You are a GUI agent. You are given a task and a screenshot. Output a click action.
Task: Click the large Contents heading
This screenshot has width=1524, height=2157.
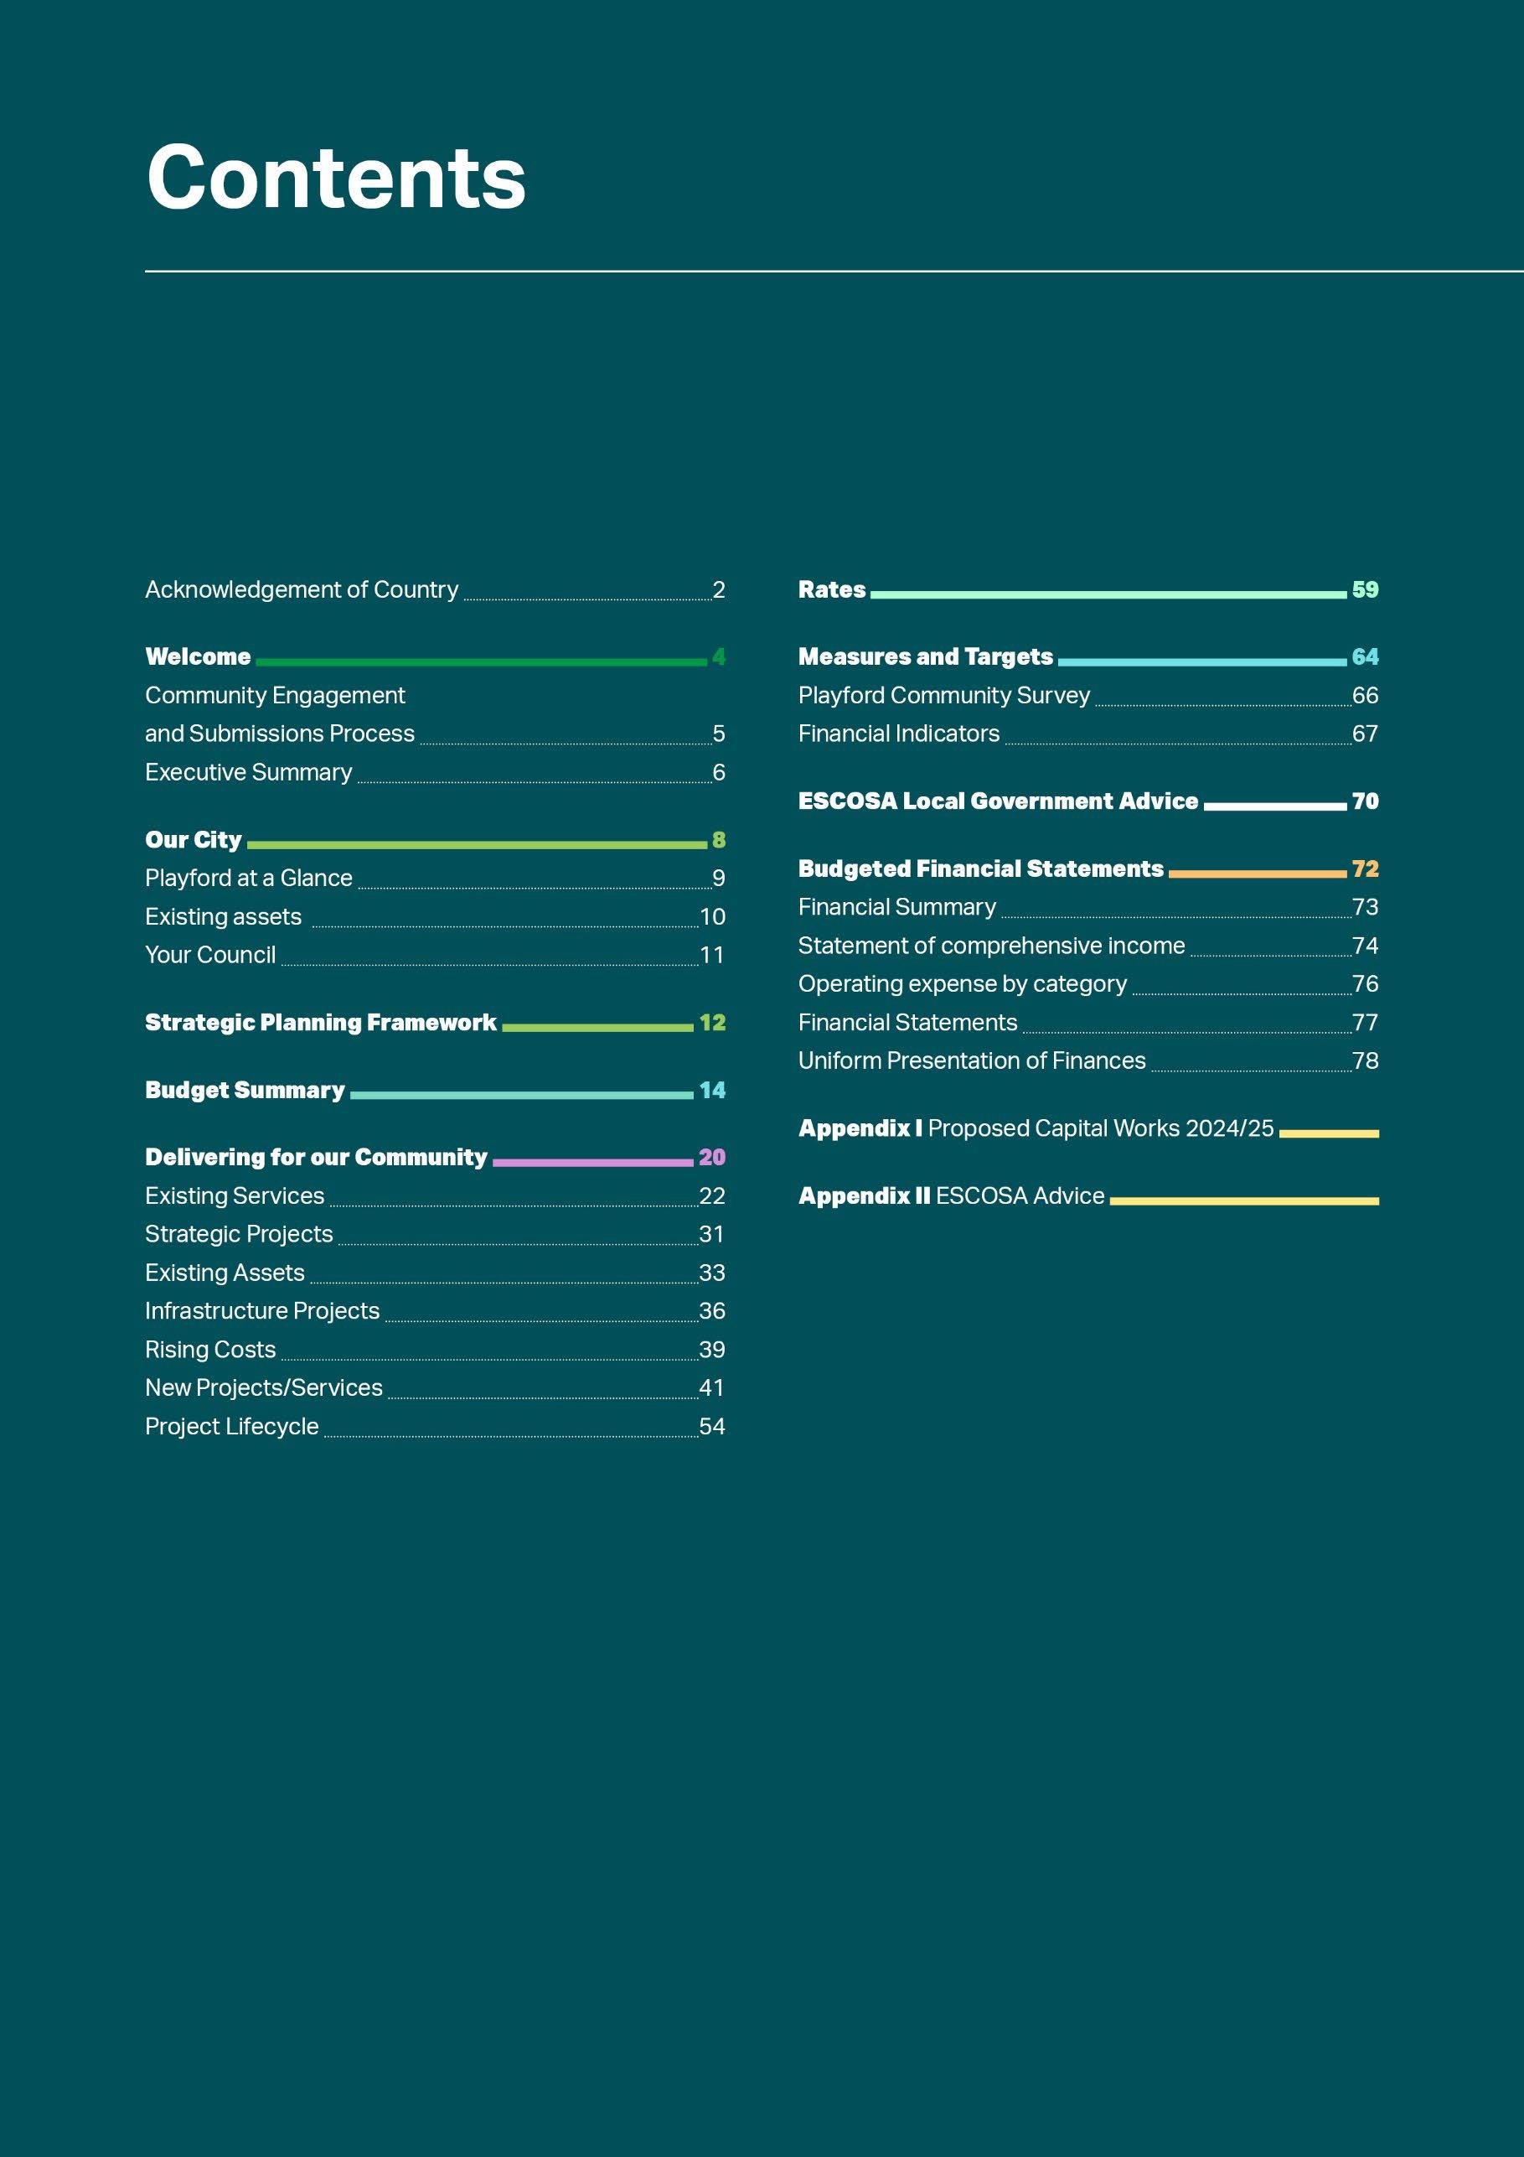tap(336, 178)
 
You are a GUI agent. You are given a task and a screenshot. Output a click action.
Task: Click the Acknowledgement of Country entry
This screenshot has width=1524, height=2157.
tap(302, 590)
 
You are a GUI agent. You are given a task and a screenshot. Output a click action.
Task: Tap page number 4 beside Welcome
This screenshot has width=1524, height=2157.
tap(718, 656)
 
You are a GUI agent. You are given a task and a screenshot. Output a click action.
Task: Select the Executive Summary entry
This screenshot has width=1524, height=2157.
tap(249, 772)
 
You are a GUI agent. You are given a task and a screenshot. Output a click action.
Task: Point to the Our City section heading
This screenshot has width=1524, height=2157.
tap(194, 840)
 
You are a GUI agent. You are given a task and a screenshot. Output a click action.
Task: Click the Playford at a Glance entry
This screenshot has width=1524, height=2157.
tap(249, 879)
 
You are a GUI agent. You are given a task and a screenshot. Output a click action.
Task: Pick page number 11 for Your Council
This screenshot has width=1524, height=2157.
tap(712, 956)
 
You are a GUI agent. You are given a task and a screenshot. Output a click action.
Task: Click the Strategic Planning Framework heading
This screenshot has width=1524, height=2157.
tap(320, 1023)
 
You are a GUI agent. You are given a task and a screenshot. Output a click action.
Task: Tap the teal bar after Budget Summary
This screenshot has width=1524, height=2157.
tap(521, 1096)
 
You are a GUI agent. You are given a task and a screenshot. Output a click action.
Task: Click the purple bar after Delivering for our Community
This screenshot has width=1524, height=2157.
tap(592, 1163)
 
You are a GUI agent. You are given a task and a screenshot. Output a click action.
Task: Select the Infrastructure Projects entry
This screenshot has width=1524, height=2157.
tap(262, 1311)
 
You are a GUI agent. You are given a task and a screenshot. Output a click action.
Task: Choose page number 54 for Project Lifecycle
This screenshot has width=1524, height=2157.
tap(712, 1427)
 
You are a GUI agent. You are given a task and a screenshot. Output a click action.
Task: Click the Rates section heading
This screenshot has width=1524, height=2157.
tap(832, 590)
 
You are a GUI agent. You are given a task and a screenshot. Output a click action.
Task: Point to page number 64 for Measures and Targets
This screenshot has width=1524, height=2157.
tap(1364, 656)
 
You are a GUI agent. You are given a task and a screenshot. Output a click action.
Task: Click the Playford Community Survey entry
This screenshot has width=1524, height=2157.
tap(943, 696)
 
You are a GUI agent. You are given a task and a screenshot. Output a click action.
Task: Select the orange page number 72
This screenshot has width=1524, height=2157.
tap(1364, 869)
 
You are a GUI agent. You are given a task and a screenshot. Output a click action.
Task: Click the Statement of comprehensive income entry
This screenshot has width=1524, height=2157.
tap(990, 946)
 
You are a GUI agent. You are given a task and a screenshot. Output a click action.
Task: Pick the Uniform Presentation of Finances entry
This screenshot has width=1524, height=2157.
tap(972, 1061)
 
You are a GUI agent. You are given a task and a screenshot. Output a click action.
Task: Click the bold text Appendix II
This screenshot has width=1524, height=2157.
tap(864, 1196)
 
